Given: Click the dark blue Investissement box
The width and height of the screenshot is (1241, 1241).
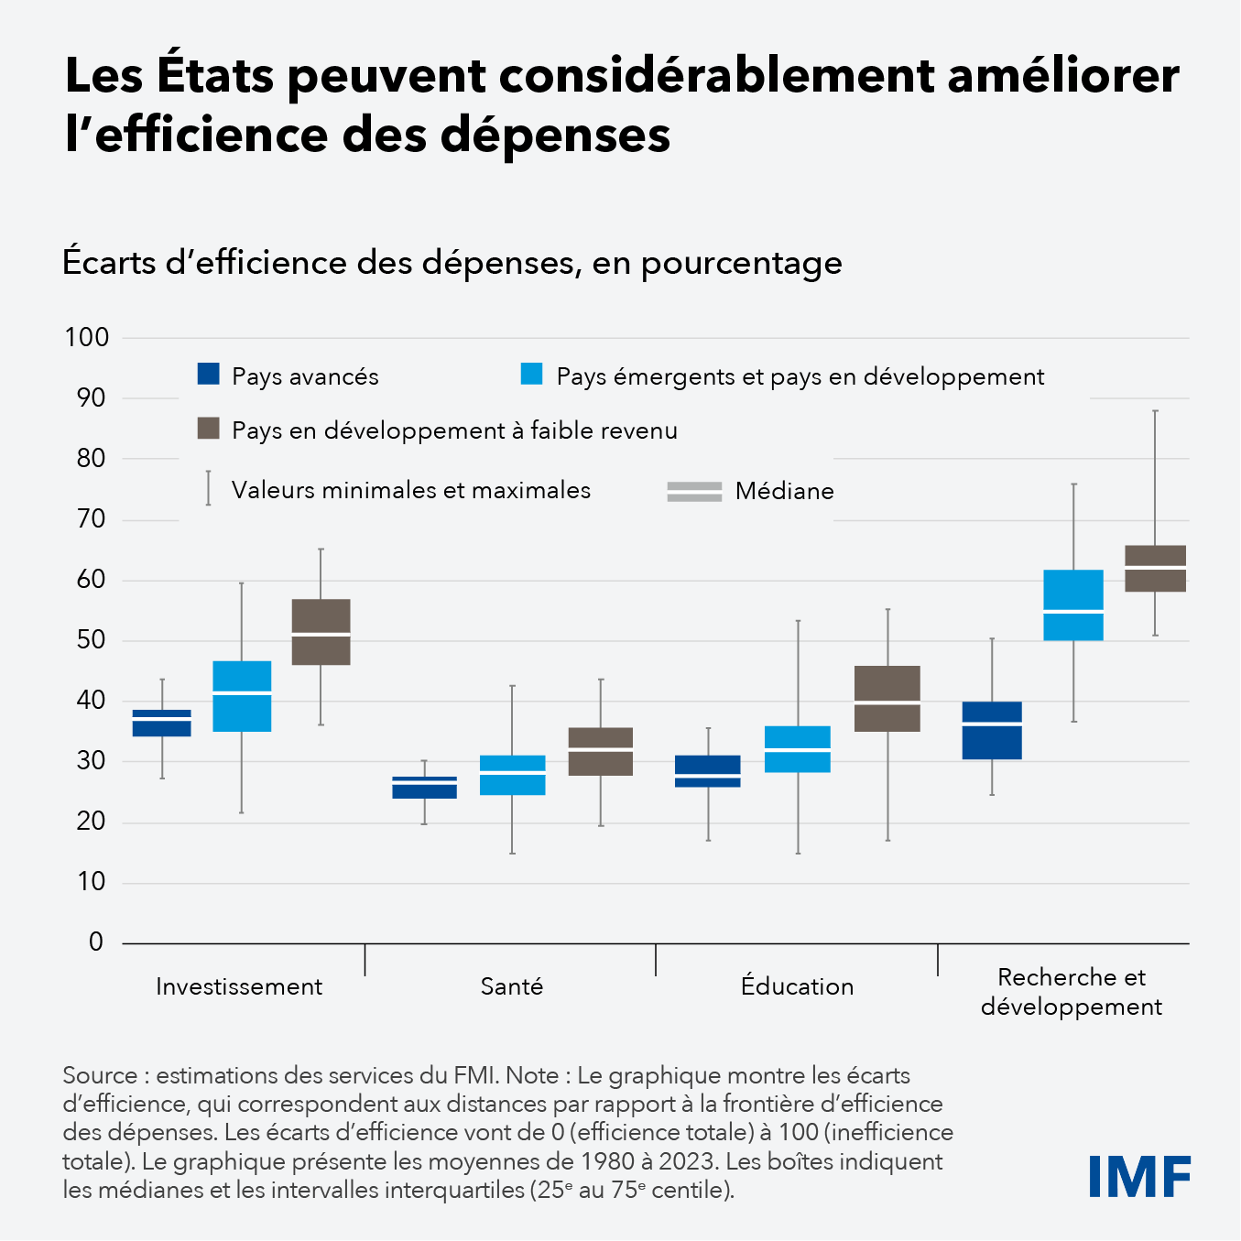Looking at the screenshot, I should [x=162, y=723].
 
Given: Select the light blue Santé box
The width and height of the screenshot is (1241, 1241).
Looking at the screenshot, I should [x=513, y=775].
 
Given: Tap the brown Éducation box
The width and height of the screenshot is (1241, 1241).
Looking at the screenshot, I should [x=887, y=698].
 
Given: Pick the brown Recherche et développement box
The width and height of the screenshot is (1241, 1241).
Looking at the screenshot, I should [x=1155, y=568].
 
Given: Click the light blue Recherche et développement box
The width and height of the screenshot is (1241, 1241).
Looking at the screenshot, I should [x=1073, y=604].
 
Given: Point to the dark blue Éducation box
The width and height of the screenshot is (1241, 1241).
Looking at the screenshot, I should [x=708, y=771].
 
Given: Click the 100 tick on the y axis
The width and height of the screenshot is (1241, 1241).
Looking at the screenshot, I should [x=87, y=337].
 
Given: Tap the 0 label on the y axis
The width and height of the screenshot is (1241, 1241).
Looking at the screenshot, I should [x=96, y=942].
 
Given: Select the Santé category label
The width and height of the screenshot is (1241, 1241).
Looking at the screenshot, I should [x=512, y=986].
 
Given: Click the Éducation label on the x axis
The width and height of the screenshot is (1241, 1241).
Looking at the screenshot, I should [x=797, y=986].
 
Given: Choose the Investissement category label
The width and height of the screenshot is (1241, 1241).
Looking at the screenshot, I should [x=239, y=986].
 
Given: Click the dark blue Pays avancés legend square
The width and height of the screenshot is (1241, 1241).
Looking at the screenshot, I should [x=209, y=374].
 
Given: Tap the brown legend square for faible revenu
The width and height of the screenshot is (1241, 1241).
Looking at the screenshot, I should [x=209, y=428].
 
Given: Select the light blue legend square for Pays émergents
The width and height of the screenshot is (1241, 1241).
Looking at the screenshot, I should [x=532, y=374].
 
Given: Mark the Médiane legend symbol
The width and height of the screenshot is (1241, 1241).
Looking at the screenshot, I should [x=694, y=491].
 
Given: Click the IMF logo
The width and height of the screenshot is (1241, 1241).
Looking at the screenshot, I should [x=1139, y=1177].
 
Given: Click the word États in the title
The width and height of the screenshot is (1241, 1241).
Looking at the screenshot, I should [x=215, y=75].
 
